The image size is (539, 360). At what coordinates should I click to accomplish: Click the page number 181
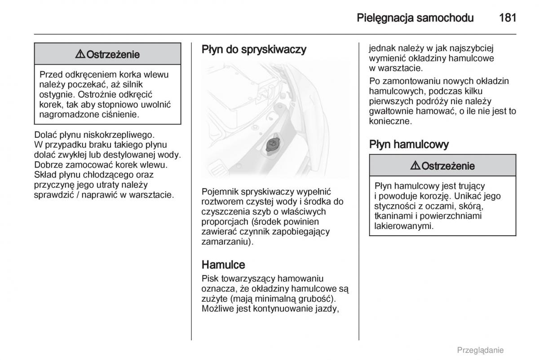click(508, 18)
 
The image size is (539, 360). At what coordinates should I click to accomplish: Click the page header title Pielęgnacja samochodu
click(415, 18)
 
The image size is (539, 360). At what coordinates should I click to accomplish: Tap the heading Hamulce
click(223, 264)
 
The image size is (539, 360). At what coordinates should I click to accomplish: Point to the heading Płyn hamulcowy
click(409, 144)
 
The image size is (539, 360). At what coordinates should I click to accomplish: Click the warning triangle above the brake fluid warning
click(415, 166)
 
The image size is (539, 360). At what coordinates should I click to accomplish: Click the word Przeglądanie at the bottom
click(480, 350)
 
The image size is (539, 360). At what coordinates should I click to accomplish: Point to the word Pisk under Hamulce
click(210, 279)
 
